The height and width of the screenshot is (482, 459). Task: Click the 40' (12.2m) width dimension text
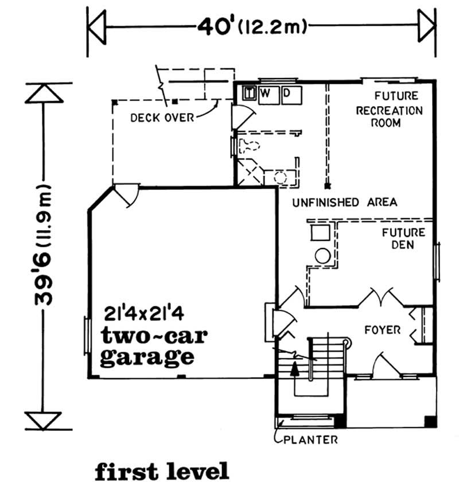point(252,26)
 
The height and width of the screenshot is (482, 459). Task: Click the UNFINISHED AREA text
point(344,203)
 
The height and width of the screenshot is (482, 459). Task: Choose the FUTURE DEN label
point(404,239)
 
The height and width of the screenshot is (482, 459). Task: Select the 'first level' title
point(162,470)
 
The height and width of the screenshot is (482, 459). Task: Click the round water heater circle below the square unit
point(322,256)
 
